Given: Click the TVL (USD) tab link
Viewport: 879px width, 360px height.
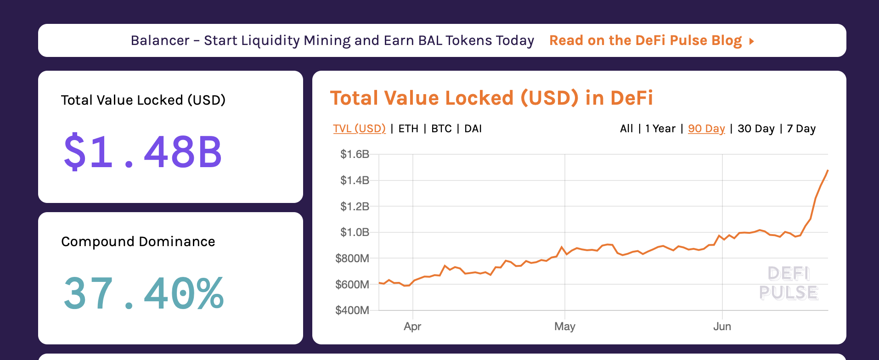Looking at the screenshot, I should click(359, 129).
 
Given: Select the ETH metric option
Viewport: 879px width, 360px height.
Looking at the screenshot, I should click(408, 129).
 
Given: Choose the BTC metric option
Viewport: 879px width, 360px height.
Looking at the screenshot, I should click(441, 129).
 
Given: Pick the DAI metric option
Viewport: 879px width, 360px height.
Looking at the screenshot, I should click(473, 129).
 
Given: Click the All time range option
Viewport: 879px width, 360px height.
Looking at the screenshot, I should click(626, 129).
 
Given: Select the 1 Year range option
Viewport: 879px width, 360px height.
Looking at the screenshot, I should click(660, 129).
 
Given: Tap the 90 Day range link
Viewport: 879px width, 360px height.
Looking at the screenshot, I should click(706, 129).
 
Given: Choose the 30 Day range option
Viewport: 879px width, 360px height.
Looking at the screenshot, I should click(756, 129).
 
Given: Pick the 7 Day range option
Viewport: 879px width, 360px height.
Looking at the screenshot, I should click(801, 129).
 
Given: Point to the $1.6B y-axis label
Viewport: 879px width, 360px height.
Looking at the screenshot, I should click(355, 154).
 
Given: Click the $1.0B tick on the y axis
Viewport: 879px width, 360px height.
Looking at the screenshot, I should click(355, 232).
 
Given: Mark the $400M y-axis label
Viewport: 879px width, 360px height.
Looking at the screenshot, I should click(352, 310).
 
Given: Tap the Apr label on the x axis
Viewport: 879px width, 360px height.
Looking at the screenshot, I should click(412, 326).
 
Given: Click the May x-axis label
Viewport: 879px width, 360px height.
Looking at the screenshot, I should click(564, 326).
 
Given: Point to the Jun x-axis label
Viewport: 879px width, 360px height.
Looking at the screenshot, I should click(722, 326).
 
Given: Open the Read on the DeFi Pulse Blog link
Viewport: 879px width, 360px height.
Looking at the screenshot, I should click(651, 40).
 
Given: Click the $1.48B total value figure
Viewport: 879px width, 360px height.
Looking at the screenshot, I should click(143, 152).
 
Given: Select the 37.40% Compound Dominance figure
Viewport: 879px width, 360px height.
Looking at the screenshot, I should click(144, 293).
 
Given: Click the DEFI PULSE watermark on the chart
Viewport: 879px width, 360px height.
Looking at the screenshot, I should click(788, 283).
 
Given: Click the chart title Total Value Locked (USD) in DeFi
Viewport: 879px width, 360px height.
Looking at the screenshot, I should click(491, 98).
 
